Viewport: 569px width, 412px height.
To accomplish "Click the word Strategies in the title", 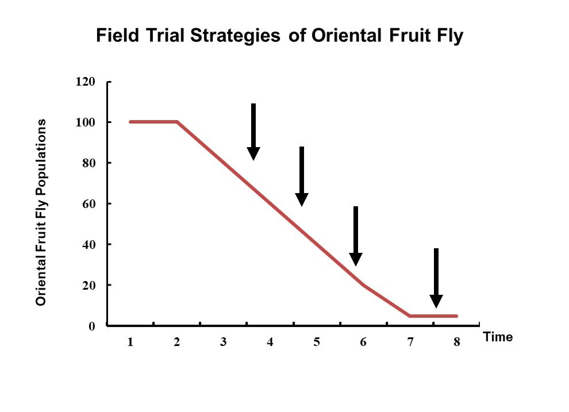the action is coord(235,36).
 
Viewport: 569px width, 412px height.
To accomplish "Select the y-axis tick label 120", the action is coord(85,82).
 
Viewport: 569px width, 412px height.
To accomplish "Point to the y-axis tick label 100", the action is coord(85,122).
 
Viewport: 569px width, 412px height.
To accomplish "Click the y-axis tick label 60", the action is coord(89,204).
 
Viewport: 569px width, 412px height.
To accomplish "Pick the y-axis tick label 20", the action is coord(89,286).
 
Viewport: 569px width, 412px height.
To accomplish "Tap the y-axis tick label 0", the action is coord(92,326).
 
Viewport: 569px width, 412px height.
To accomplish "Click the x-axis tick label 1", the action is coord(130,342).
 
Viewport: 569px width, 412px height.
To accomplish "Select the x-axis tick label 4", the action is coord(270,342).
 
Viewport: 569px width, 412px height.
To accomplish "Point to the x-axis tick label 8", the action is coord(457,342).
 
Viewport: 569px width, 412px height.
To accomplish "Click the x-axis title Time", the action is coord(498,337).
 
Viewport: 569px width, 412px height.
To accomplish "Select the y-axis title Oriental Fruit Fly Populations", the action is coord(41,212).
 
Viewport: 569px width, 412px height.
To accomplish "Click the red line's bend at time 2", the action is coord(176,122).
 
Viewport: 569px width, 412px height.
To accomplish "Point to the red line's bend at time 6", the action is coord(363,285).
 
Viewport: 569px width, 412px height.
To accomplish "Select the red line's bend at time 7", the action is coord(410,316).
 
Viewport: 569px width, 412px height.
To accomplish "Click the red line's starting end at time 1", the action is coord(130,122).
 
